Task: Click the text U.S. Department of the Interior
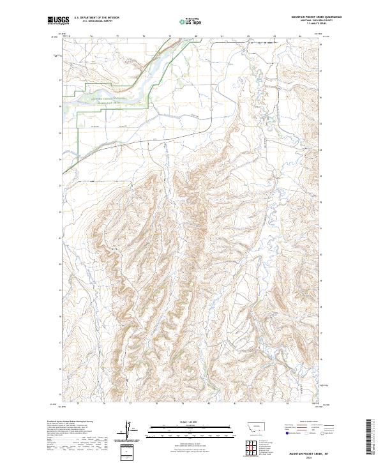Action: point(96,17)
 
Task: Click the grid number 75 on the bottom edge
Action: point(77,404)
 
